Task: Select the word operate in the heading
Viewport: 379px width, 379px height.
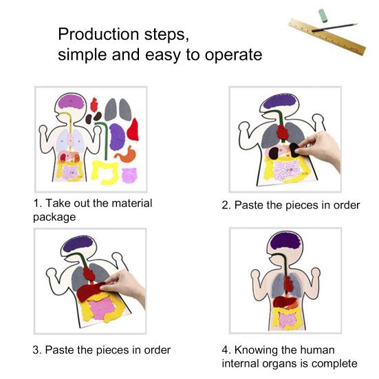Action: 234,55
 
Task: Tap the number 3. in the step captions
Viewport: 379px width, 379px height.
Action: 38,349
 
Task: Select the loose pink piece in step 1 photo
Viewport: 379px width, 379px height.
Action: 129,175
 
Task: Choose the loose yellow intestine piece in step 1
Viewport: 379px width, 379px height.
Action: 105,173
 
